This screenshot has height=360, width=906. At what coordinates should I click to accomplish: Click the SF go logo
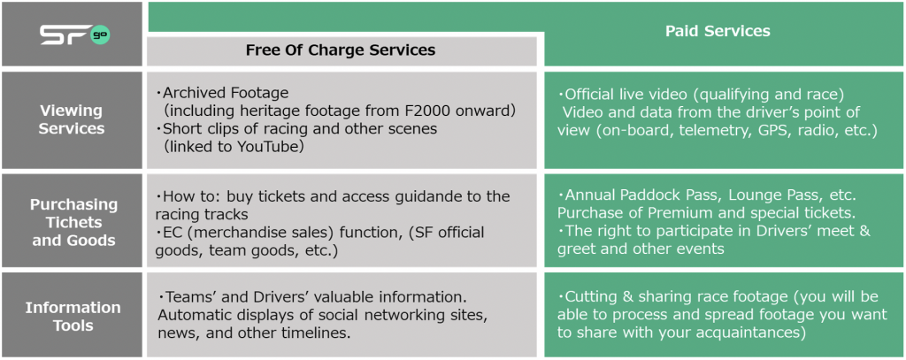pyautogui.click(x=74, y=34)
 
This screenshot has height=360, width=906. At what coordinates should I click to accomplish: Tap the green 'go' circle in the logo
pyautogui.click(x=100, y=34)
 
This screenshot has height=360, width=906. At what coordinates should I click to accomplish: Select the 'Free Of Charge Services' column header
pyautogui.click(x=341, y=50)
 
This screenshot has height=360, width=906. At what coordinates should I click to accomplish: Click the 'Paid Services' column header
pyautogui.click(x=718, y=31)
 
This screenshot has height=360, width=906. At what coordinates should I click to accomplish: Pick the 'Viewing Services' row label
pyautogui.click(x=71, y=119)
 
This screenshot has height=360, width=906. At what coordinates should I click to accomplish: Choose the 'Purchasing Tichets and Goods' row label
pyautogui.click(x=74, y=222)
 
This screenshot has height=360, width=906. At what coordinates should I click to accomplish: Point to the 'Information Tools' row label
pyautogui.click(x=73, y=316)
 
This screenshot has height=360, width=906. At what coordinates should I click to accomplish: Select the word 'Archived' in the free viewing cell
pyautogui.click(x=191, y=93)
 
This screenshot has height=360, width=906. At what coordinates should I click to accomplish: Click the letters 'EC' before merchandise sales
pyautogui.click(x=173, y=233)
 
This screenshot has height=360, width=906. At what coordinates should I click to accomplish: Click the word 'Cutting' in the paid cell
pyautogui.click(x=590, y=297)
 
